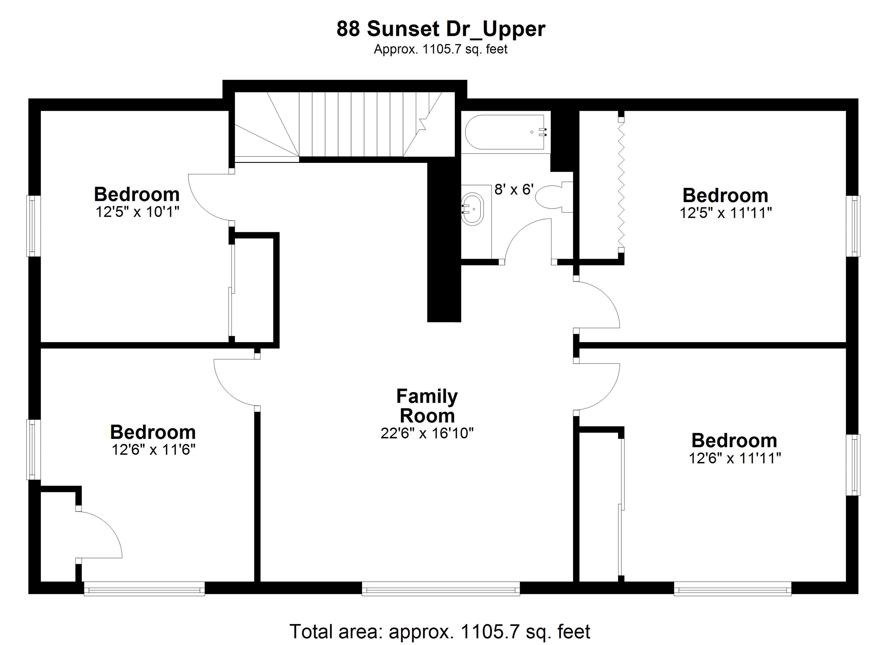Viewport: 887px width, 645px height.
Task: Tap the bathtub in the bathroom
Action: coord(504,132)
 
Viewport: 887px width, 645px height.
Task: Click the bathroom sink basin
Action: coord(472,208)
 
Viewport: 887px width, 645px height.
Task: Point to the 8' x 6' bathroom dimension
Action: coord(513,189)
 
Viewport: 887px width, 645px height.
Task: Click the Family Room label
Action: coord(427,406)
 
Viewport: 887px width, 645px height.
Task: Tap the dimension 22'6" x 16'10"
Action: coord(427,433)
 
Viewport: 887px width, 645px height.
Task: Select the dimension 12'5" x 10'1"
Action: coord(137,212)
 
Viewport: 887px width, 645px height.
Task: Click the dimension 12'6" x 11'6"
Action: coord(153,450)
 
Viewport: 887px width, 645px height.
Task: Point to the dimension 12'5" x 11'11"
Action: coord(726,213)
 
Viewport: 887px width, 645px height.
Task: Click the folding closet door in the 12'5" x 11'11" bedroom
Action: coord(621,184)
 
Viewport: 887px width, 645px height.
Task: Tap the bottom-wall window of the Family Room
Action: coord(441,588)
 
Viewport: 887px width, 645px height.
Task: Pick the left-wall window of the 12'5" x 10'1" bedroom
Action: coord(33,226)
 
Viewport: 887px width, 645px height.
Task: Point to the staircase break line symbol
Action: coord(422,124)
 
